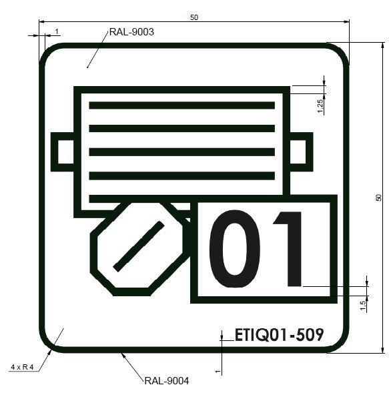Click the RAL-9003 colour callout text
(x=131, y=32)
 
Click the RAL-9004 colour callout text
(x=167, y=381)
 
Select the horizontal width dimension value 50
(x=194, y=17)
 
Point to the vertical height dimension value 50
(x=378, y=197)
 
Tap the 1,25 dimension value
(x=320, y=106)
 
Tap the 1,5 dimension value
(x=363, y=306)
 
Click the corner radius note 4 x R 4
(x=22, y=367)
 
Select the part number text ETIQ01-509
(x=279, y=335)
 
